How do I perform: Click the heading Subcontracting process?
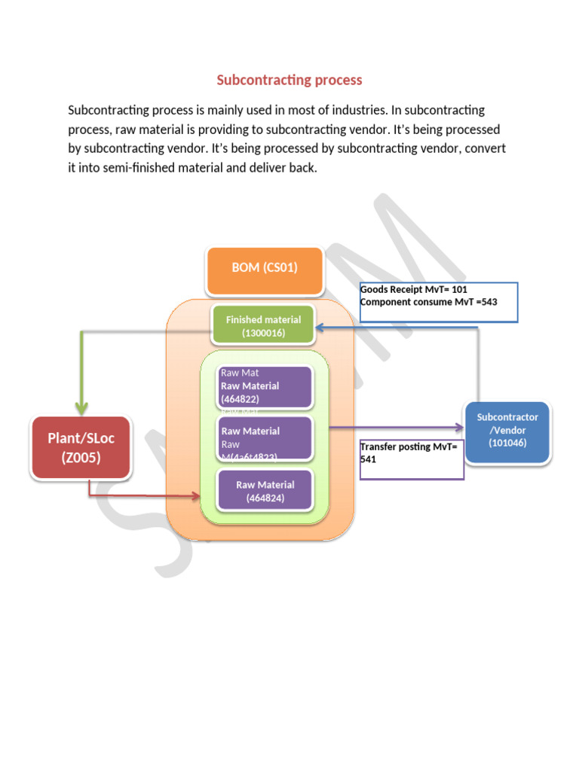tap(289, 80)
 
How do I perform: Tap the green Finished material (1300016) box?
tap(263, 326)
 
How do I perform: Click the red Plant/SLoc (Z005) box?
tap(81, 447)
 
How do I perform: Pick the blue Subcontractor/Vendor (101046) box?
tap(507, 429)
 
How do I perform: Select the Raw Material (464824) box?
tap(265, 491)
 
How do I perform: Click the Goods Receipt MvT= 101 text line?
tap(414, 290)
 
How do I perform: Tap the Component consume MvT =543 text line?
tap(428, 302)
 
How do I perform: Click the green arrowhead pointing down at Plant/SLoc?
tap(81, 407)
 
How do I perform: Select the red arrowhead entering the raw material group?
tap(197, 496)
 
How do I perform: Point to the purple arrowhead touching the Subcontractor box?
tap(461, 428)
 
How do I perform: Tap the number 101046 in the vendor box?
tap(507, 443)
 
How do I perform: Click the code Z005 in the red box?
tap(81, 458)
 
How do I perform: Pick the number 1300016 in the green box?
tap(263, 333)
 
